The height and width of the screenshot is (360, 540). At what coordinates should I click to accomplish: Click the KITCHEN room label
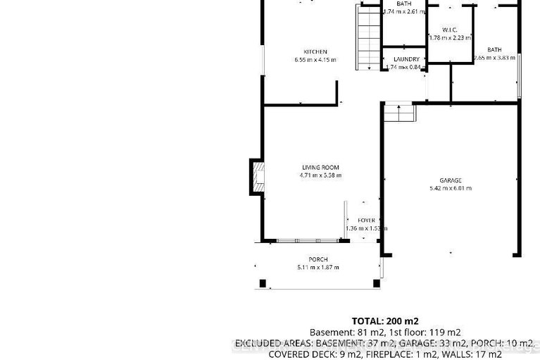pyautogui.click(x=315, y=51)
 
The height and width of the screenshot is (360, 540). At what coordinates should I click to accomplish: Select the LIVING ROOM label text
pyautogui.click(x=320, y=167)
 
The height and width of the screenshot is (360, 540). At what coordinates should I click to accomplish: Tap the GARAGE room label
pyautogui.click(x=450, y=180)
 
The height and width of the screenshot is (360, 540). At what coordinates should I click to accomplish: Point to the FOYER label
pyautogui.click(x=366, y=221)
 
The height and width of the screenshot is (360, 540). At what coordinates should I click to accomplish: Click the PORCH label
pyautogui.click(x=318, y=259)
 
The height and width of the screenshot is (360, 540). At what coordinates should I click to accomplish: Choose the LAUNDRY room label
pyautogui.click(x=406, y=59)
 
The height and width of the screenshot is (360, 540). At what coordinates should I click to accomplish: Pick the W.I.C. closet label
pyautogui.click(x=450, y=30)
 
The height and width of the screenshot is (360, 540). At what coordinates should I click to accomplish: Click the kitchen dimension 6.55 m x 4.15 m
pyautogui.click(x=315, y=60)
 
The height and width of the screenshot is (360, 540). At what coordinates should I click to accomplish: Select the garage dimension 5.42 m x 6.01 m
pyautogui.click(x=450, y=189)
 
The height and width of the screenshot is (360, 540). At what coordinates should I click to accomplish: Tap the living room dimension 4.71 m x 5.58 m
pyautogui.click(x=320, y=175)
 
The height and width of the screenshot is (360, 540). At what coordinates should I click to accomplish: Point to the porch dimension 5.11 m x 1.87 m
pyautogui.click(x=318, y=268)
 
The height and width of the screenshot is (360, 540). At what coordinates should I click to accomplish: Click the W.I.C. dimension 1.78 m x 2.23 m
pyautogui.click(x=450, y=38)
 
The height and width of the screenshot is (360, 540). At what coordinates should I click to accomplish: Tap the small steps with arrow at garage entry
pyautogui.click(x=399, y=112)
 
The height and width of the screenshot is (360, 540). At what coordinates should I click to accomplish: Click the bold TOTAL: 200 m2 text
pyautogui.click(x=385, y=321)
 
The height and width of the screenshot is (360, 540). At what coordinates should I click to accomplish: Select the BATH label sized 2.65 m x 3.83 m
pyautogui.click(x=494, y=49)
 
